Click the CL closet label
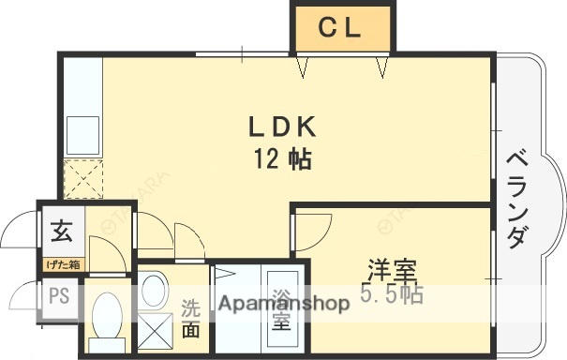[x=340, y=29]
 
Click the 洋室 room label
[x=391, y=272]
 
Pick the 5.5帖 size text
[x=391, y=296]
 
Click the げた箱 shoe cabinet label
[x=62, y=265]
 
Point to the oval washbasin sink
[x=152, y=287]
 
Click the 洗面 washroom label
[x=190, y=319]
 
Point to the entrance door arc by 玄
[x=21, y=234]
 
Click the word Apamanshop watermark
[x=283, y=303]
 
